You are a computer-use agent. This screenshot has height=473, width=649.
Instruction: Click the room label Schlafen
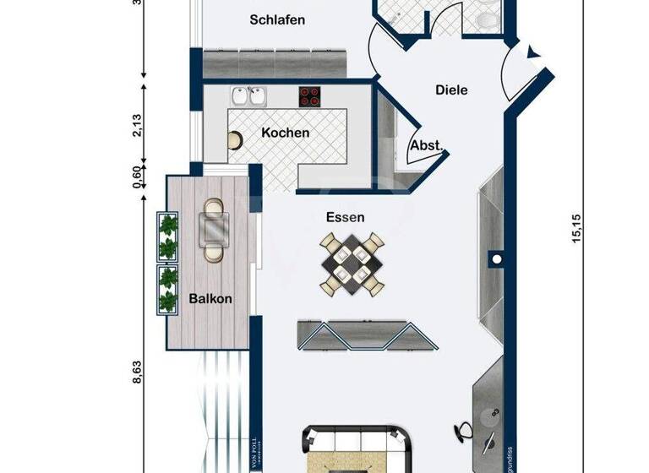coord(277,19)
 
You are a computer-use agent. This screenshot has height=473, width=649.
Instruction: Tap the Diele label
coord(451,90)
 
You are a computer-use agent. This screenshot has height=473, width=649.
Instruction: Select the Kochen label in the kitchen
coord(285,133)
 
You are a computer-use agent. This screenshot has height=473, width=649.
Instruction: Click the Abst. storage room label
coord(426,145)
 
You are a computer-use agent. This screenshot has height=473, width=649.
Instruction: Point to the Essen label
coord(346,217)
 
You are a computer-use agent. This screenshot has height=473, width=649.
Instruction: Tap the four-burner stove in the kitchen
coord(310,96)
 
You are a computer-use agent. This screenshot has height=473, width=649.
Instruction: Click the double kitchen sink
coord(247,96)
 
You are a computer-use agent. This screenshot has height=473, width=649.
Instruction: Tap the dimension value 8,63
coord(136,372)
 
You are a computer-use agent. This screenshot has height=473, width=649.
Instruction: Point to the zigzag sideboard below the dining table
coord(368,335)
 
